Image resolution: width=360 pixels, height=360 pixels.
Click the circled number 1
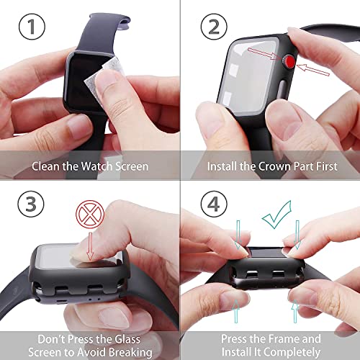pos(32,27)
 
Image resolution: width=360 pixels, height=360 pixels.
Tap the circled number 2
pos(214,27)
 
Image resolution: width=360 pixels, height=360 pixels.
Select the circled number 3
pos(31,204)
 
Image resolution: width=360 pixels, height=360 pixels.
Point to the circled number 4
pos(214,204)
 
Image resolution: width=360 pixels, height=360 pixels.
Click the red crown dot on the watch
pos(289,61)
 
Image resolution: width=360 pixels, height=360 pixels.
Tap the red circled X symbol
pos(90,215)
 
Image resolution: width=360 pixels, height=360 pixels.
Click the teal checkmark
pos(276,215)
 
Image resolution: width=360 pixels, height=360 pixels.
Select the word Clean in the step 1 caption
pos(46,166)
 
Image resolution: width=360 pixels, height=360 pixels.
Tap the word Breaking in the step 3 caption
pos(130,352)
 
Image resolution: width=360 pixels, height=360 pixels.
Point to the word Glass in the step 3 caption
pos(127,339)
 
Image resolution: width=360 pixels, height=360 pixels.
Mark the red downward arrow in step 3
pos(90,246)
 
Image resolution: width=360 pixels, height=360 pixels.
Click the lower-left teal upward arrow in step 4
pos(236,311)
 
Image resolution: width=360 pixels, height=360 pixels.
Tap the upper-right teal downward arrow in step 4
pos(297,235)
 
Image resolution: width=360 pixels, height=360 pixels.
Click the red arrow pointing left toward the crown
pos(313,70)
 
